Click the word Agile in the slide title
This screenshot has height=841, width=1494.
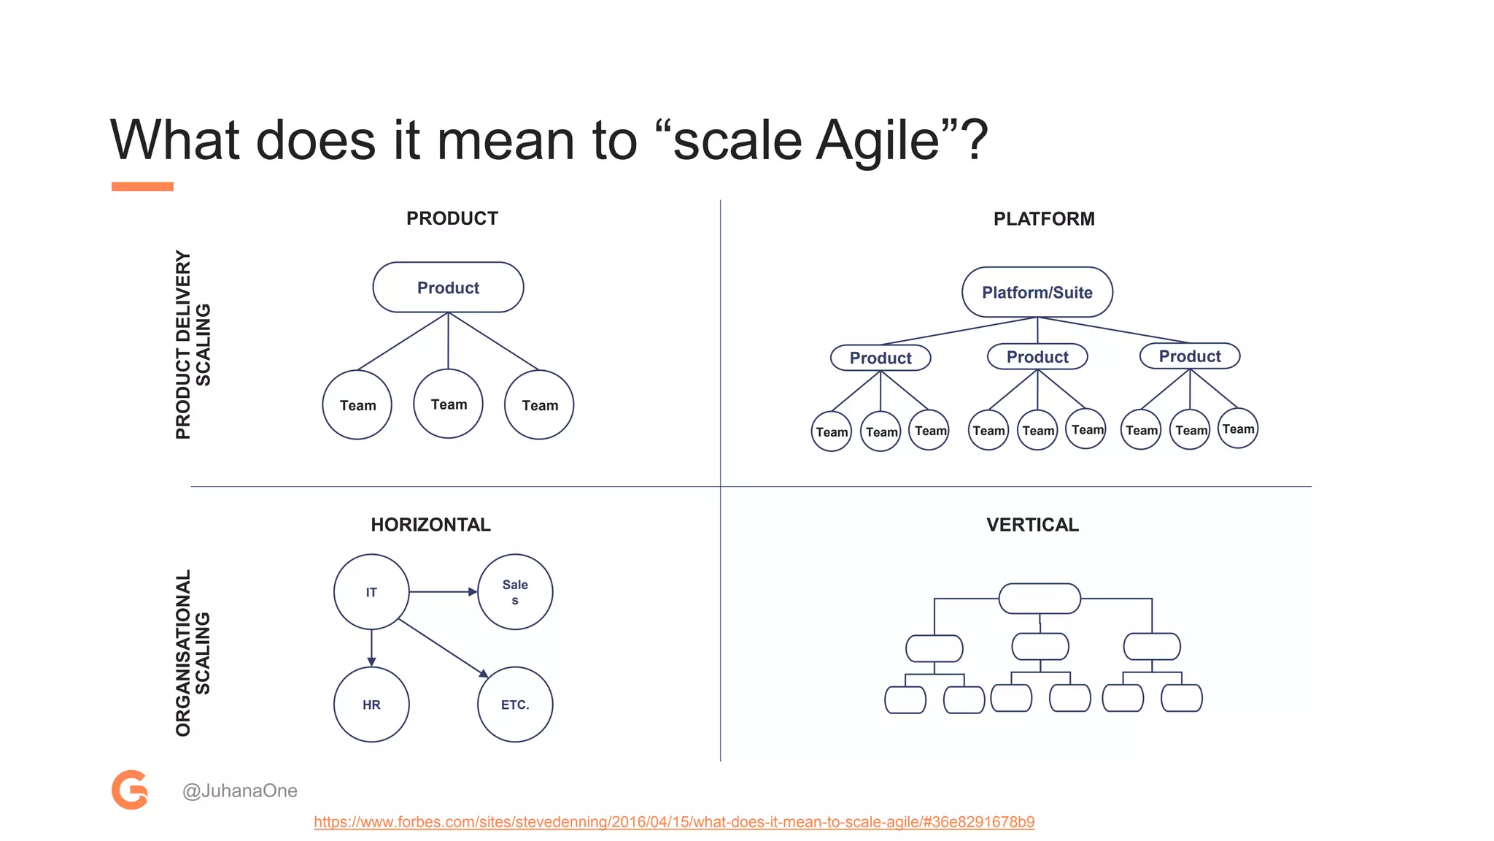pyautogui.click(x=877, y=140)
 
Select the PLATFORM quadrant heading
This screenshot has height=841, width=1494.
pyautogui.click(x=1043, y=219)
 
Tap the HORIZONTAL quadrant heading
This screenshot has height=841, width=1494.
pyautogui.click(x=430, y=525)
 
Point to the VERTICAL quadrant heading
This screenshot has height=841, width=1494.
pyautogui.click(x=1032, y=525)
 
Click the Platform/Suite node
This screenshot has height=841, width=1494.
pyautogui.click(x=1037, y=293)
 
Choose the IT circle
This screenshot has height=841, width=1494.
pyautogui.click(x=371, y=592)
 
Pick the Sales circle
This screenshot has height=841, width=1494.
pyautogui.click(x=515, y=592)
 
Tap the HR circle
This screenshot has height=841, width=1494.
pyautogui.click(x=371, y=704)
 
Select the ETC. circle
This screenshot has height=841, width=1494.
pyautogui.click(x=515, y=704)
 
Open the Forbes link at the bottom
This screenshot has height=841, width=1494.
pyautogui.click(x=674, y=822)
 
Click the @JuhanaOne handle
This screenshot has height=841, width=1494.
pyautogui.click(x=239, y=791)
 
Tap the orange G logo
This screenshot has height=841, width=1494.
pyautogui.click(x=130, y=790)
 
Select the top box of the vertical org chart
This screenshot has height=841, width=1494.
pyautogui.click(x=1040, y=599)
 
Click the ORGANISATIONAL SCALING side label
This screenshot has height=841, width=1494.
pyautogui.click(x=193, y=653)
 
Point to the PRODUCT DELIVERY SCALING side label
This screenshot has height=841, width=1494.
pyautogui.click(x=193, y=345)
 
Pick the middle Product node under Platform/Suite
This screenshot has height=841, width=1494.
pyautogui.click(x=1037, y=357)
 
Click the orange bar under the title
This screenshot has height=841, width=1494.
pyautogui.click(x=142, y=187)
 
